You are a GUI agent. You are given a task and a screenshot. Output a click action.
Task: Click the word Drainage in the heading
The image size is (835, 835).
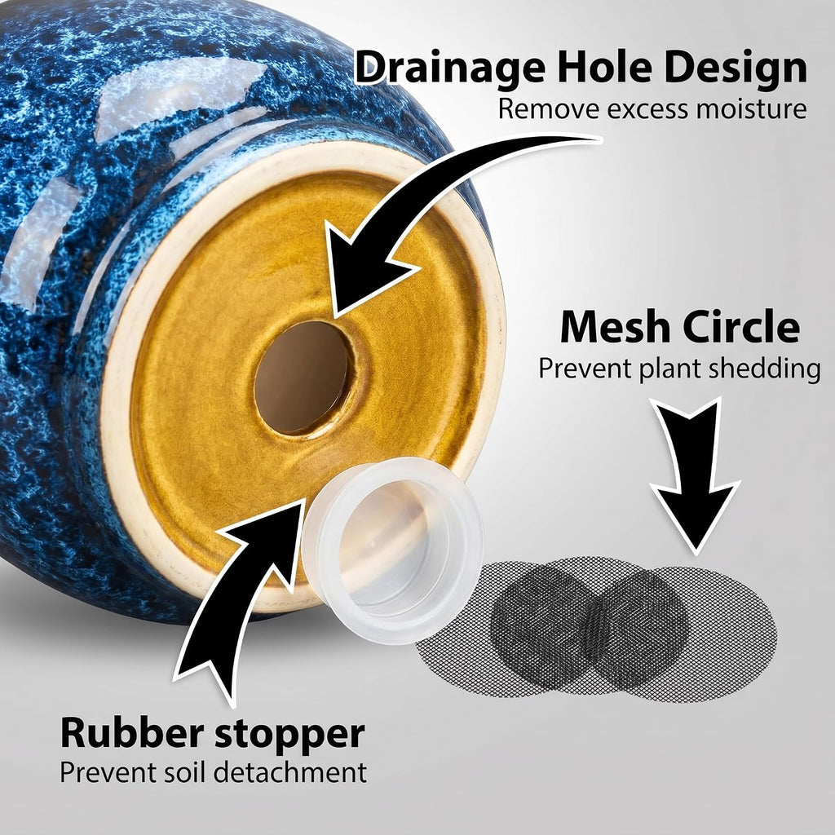tap(449, 68)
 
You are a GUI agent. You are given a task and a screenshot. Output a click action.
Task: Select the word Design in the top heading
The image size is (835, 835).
tap(736, 68)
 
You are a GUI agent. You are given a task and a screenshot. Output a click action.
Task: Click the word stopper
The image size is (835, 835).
tap(290, 735)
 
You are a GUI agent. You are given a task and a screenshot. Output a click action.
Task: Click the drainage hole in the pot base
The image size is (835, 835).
tap(303, 377)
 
